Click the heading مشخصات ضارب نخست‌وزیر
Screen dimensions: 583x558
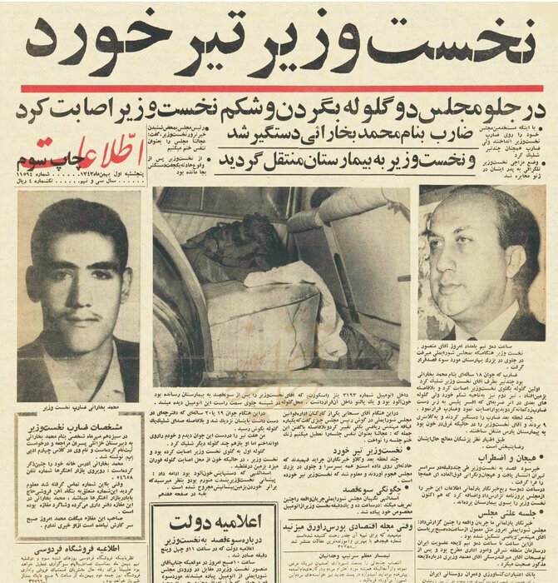75,416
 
